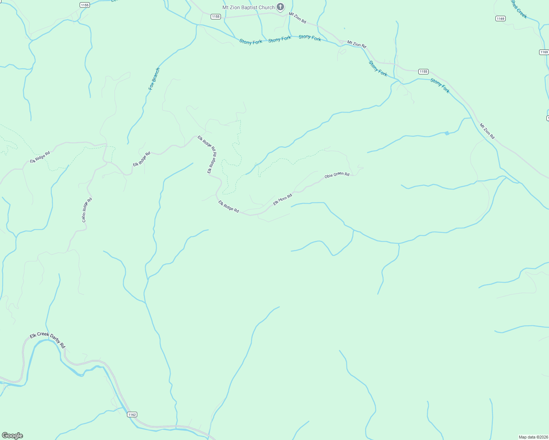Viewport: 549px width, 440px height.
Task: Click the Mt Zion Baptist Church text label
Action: click(248, 7)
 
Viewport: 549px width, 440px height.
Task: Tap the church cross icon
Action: click(280, 7)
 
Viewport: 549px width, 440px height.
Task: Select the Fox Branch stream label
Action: click(154, 79)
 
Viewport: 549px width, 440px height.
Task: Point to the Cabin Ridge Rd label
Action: click(87, 210)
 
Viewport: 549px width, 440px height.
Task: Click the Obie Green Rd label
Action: click(337, 175)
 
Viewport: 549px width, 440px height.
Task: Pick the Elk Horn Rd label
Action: click(283, 199)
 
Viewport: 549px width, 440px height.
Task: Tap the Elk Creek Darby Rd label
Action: click(47, 340)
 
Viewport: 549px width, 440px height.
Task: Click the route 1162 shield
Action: click(132, 414)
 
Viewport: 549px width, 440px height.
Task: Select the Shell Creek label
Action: click(519, 9)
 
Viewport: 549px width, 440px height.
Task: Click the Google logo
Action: click(12, 436)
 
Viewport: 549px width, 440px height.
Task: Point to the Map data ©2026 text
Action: click(533, 437)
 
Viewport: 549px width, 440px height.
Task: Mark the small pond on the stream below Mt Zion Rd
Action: click(447, 133)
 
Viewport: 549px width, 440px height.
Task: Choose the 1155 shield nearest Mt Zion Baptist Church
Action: click(216, 16)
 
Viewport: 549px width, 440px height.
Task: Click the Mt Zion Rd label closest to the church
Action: click(297, 18)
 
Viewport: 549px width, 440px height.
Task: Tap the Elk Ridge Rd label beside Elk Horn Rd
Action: click(229, 206)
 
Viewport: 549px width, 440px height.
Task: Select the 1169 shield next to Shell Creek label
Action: click(500, 18)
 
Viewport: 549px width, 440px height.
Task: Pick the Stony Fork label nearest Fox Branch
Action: click(251, 42)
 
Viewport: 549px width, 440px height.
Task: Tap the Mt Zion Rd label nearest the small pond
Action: click(487, 131)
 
